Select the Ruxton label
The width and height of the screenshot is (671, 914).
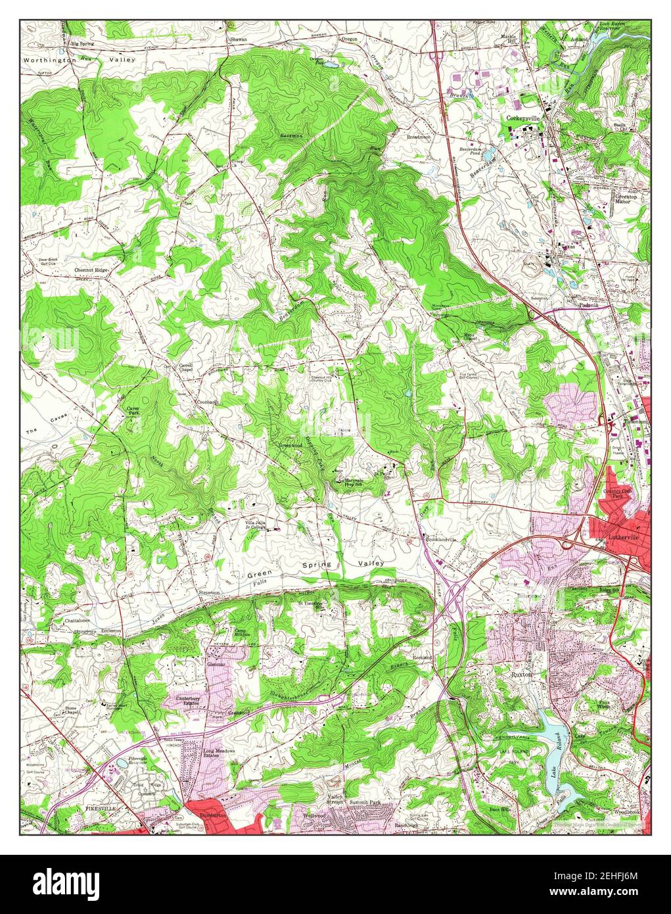click(522, 675)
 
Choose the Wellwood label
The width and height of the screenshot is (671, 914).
click(314, 815)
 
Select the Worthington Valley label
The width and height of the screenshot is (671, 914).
click(79, 60)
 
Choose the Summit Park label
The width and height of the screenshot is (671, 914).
click(365, 804)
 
